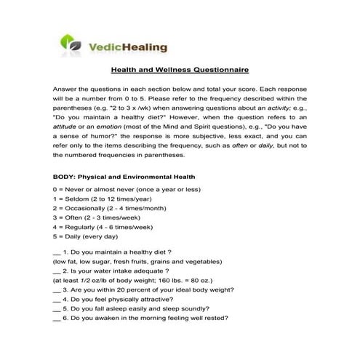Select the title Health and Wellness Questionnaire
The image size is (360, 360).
click(x=180, y=71)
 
